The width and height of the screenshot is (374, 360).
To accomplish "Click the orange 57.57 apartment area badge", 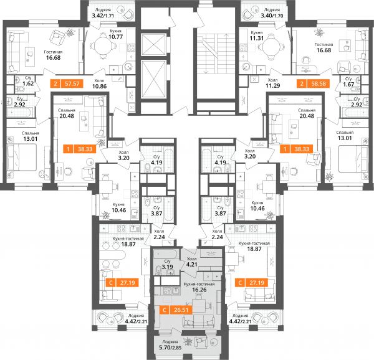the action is tap(67, 83).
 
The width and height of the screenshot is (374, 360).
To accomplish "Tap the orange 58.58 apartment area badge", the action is tap(313, 83).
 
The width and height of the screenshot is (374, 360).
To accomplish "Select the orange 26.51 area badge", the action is tap(176, 310).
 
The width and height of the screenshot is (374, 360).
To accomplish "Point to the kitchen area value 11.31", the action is tap(257, 38).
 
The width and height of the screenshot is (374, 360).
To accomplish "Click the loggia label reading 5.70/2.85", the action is tap(170, 348).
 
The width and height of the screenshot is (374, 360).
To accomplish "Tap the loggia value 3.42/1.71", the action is tap(103, 16).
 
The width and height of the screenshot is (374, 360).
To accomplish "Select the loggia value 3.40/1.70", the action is tap(272, 16).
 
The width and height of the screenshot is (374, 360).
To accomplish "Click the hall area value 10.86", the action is tap(100, 86).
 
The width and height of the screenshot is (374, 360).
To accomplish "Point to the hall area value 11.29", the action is tap(273, 85).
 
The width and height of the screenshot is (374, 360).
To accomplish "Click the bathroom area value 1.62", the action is tap(28, 83).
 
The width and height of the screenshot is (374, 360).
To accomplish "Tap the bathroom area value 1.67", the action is tap(348, 84).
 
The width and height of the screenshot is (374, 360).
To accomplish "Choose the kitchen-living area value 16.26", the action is tap(199, 290).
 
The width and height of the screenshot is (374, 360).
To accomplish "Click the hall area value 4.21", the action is tap(192, 264).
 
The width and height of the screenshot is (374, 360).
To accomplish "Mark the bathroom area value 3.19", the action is tap(167, 267).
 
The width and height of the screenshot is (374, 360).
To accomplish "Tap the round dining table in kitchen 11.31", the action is tap(271, 46).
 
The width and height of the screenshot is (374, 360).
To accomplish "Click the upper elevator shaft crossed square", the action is tap(153, 45).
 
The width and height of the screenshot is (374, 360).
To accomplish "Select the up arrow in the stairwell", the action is tap(226, 42).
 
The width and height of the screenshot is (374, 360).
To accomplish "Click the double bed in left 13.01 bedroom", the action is tap(22, 157).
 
